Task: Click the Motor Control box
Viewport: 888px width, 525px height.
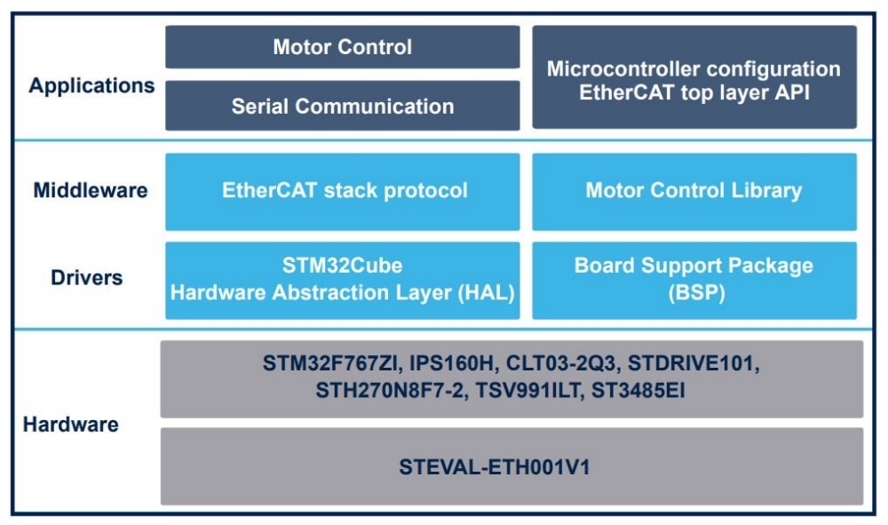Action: [342, 47]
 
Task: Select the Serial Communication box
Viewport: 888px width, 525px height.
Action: [342, 107]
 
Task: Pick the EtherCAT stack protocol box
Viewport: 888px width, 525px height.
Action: [342, 190]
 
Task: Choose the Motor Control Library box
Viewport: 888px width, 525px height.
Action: [694, 190]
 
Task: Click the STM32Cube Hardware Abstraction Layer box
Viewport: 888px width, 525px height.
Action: [342, 280]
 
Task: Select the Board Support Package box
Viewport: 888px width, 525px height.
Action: [694, 280]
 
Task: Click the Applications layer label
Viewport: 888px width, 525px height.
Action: [91, 86]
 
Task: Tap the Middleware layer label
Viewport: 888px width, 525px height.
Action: [91, 190]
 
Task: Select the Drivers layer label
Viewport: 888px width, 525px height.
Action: [86, 278]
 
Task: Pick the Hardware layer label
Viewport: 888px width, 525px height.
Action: [71, 425]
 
